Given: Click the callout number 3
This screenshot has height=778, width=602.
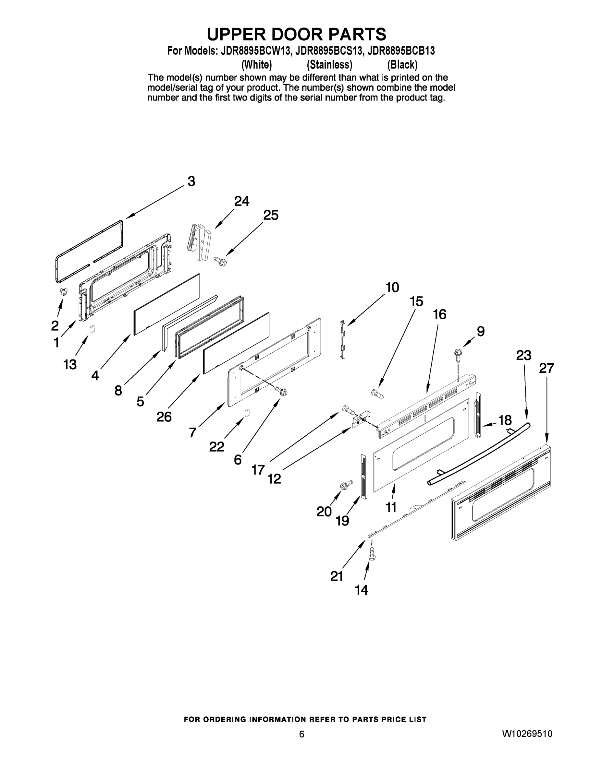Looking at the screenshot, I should (191, 181).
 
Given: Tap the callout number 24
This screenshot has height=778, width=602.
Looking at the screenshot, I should (241, 201).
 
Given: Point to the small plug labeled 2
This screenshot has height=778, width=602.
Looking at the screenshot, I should (64, 292).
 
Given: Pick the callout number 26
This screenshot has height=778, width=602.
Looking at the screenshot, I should (164, 417).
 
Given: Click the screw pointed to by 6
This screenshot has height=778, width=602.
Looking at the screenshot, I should (281, 391).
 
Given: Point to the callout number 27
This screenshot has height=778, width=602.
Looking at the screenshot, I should (546, 368).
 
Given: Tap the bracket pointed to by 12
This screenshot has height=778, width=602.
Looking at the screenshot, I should (361, 421).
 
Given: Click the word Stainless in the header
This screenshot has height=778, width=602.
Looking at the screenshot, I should (329, 65).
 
